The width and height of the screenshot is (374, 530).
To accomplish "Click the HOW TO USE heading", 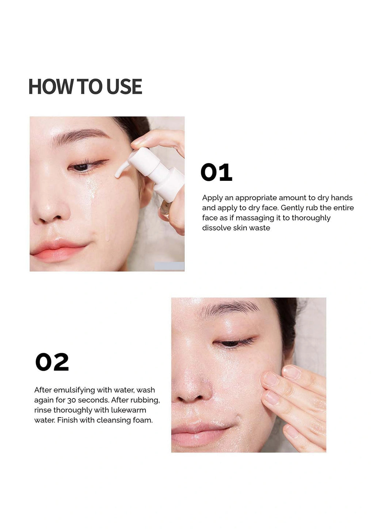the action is [x=85, y=87].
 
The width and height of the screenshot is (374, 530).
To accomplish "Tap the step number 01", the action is [x=216, y=172].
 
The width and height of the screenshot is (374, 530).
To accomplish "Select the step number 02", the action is [x=52, y=362].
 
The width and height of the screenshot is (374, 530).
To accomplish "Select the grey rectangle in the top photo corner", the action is [x=169, y=266].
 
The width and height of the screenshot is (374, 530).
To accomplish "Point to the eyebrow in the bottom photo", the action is [x=229, y=309].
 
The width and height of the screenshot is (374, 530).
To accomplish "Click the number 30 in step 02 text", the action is [x=72, y=400].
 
